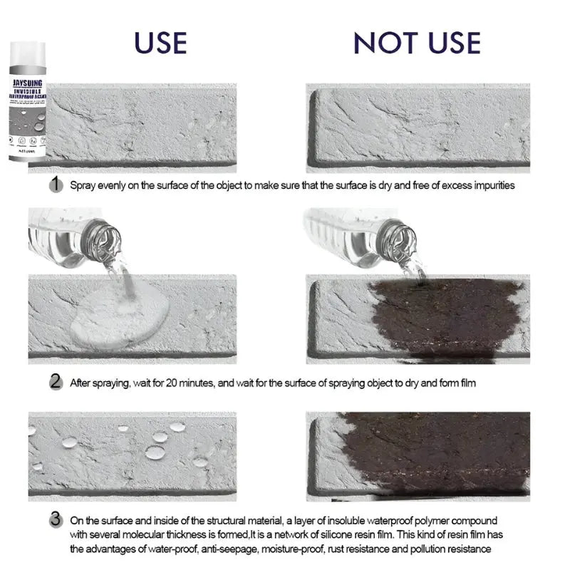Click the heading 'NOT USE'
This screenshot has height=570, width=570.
[417, 43]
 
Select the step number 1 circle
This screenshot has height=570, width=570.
[55, 185]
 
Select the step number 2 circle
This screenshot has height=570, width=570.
[55, 382]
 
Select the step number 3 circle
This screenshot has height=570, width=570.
[55, 520]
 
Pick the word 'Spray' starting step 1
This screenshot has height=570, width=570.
[82, 185]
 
